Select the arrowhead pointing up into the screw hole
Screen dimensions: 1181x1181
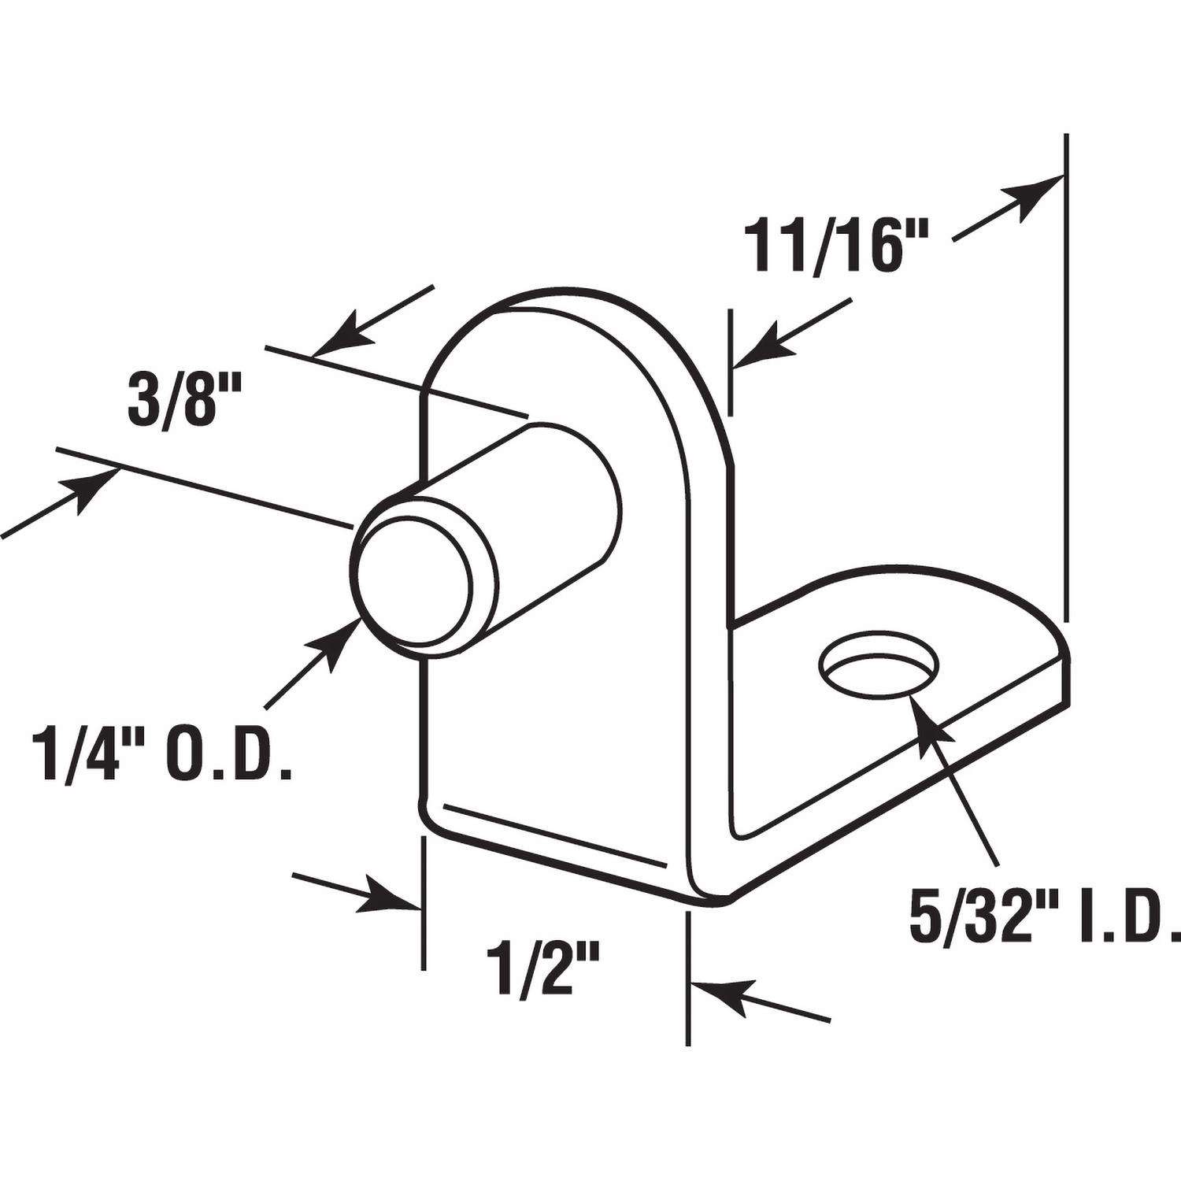coord(926,713)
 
